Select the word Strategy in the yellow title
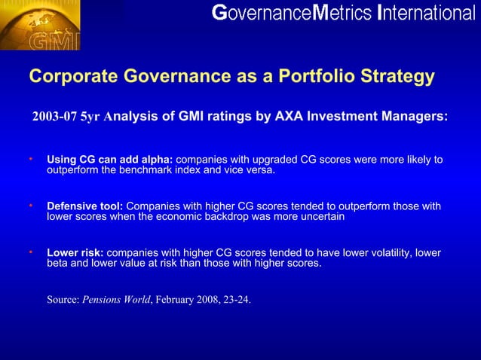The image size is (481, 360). point(400,77)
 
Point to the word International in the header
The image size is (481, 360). point(427,13)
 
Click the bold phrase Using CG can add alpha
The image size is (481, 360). point(109,160)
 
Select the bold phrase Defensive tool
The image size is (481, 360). point(84,206)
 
